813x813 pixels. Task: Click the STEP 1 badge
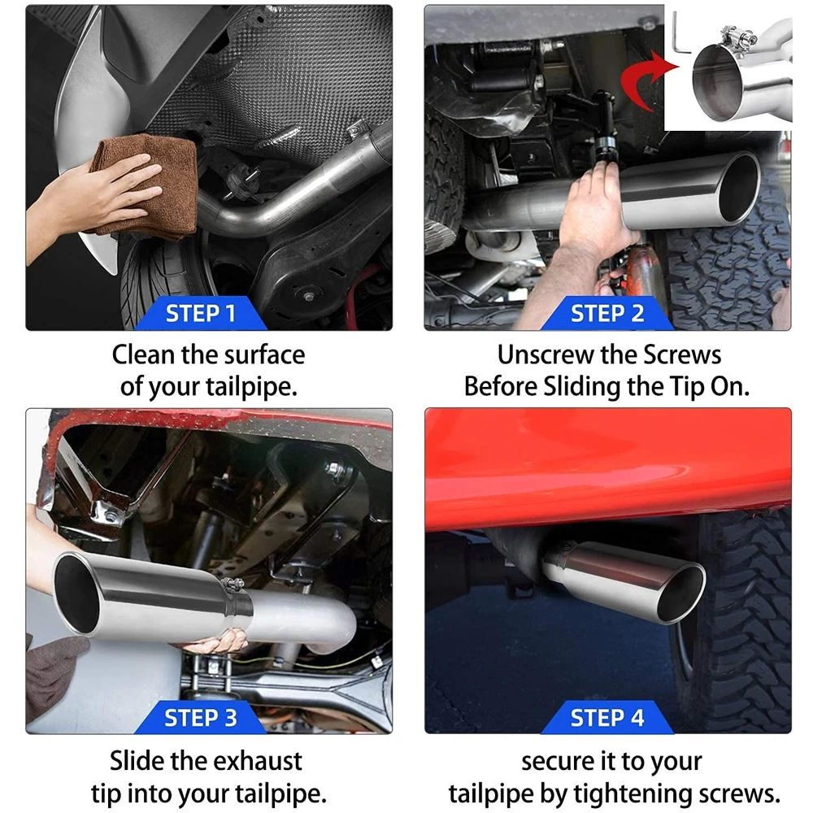(200, 313)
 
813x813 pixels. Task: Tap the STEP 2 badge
(607, 313)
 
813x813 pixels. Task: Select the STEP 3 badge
(200, 718)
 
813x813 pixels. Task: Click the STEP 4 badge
(607, 718)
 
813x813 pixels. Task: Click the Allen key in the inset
(681, 37)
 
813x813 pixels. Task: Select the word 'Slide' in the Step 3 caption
(137, 761)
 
